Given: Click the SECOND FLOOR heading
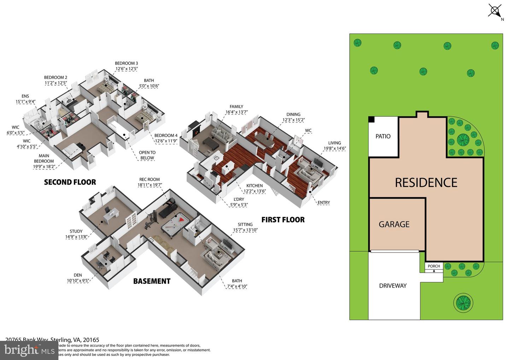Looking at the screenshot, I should coord(70,182).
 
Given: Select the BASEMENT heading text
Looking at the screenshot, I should coord(152,281).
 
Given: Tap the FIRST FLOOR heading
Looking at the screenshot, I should coord(283,220).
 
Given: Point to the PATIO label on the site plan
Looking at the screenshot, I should coord(383,137).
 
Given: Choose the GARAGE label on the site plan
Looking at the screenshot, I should coord(394,224).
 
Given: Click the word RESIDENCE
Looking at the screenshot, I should coord(426,182).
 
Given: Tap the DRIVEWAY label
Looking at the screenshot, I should coord(393,286).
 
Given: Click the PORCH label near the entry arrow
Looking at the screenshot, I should coord(434,266).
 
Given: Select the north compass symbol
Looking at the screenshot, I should coord(495,10).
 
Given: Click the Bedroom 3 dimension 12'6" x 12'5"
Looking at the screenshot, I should coord(126,69).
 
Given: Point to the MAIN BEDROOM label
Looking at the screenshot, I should coord(44,158).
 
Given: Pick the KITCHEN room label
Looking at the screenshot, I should coord(255,186).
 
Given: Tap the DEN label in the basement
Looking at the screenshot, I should coord(78,275).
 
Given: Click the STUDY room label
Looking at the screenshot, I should coord(76,231).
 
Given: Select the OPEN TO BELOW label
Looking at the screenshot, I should coord(147,155).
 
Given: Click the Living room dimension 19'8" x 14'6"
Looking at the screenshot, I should coord(334,149).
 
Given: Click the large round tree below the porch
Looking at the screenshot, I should coord(463,302).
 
